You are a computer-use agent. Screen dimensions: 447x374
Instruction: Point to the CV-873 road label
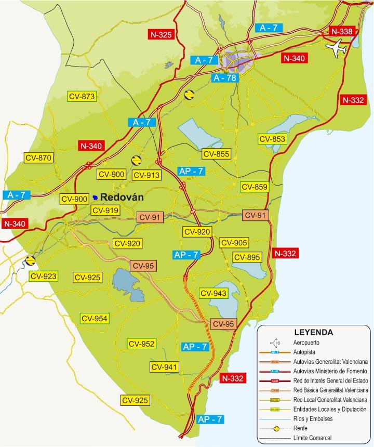click(82, 96)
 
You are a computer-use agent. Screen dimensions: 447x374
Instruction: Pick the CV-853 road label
click(273, 139)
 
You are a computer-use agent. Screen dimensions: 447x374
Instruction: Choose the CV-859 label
click(254, 187)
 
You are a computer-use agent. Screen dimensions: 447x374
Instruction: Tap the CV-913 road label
click(147, 175)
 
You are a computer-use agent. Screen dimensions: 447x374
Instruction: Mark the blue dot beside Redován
click(95, 198)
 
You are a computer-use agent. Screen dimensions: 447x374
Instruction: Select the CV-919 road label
click(105, 211)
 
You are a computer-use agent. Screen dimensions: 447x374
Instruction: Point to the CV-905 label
click(234, 243)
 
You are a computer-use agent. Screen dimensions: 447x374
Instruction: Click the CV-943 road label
click(213, 294)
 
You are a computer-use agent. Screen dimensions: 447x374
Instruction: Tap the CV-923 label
click(43, 276)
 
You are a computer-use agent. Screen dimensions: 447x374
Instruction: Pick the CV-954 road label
click(94, 318)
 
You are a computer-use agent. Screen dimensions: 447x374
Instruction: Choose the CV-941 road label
click(165, 367)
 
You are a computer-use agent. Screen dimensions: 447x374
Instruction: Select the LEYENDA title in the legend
click(313, 332)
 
